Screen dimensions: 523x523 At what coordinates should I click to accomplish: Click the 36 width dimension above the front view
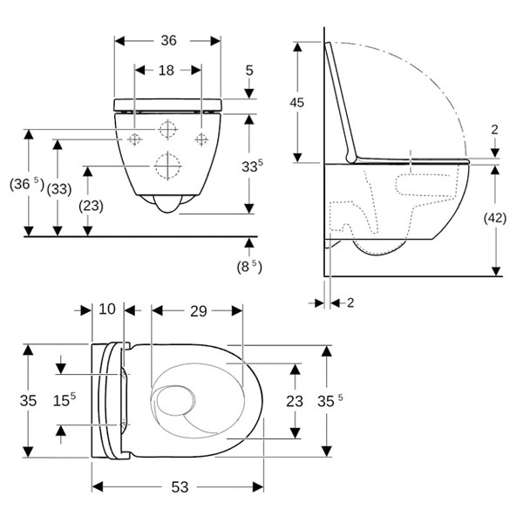(168, 40)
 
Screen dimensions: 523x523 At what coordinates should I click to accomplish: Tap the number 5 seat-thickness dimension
(249, 70)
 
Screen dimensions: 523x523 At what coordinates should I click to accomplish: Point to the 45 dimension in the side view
(298, 102)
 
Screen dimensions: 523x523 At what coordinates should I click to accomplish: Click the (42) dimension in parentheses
(495, 220)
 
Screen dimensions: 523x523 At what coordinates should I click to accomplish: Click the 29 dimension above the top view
(197, 310)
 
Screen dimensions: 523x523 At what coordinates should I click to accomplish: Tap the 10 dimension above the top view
(107, 310)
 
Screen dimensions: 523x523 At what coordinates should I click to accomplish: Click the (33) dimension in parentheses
(58, 187)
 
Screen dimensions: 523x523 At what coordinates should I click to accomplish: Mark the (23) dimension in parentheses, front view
(90, 206)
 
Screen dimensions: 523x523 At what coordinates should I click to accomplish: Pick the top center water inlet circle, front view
(166, 129)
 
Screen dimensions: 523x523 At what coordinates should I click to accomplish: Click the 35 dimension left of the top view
(29, 400)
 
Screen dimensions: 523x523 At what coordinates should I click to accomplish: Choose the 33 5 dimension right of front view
(249, 166)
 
